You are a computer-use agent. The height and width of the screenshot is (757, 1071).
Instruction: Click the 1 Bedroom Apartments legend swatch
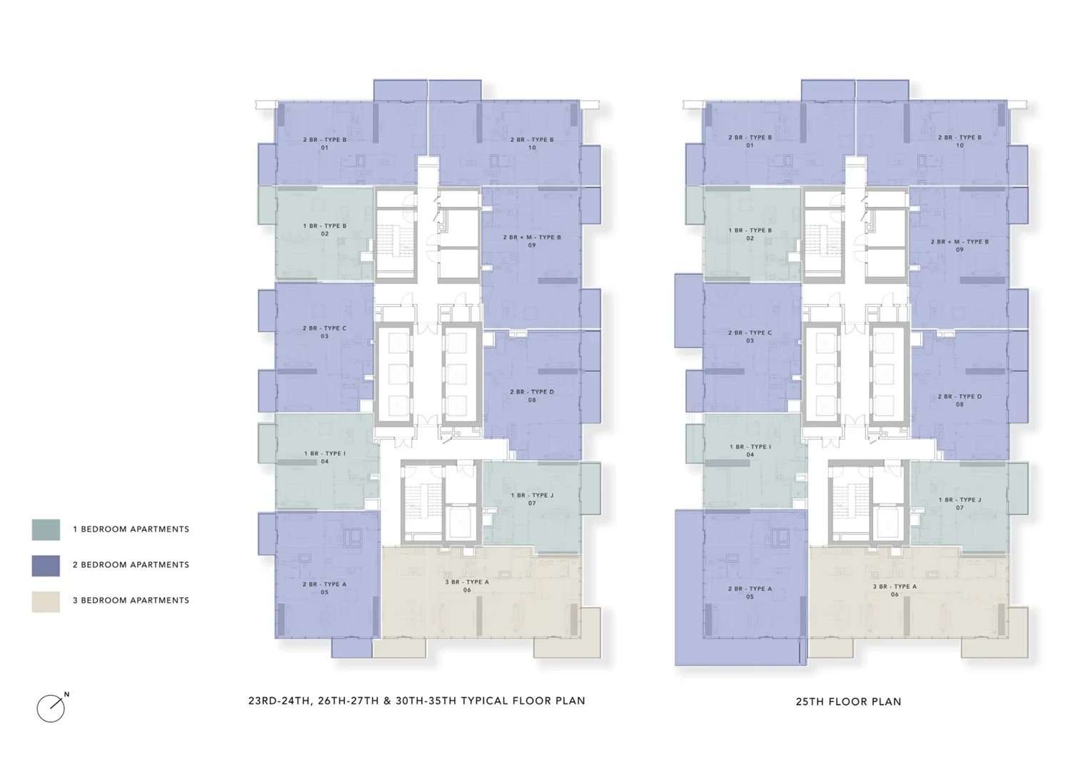46,529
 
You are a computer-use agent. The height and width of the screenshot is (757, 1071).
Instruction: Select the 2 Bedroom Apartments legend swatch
46,565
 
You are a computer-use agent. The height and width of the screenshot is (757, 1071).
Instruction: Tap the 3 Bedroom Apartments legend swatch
46,601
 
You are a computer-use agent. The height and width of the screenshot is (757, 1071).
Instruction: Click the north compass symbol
51,708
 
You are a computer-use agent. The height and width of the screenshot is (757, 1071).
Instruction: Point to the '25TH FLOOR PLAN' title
848,701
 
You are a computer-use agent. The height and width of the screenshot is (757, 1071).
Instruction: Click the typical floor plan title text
416,701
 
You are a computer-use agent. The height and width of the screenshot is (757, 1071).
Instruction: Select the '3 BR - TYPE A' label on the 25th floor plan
895,586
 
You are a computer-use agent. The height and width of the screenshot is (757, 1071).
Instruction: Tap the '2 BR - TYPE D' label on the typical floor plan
532,392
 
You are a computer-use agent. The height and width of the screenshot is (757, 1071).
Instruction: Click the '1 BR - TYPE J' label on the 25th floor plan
960,500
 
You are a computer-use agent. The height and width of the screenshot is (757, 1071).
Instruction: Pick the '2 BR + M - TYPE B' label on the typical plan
532,237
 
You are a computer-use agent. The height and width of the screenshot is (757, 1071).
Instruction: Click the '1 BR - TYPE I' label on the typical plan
325,454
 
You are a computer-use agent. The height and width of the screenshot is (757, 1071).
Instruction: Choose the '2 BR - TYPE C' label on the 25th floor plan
750,332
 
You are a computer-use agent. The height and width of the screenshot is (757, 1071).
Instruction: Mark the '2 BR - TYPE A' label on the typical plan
325,584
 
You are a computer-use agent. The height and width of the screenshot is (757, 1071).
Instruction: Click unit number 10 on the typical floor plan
532,148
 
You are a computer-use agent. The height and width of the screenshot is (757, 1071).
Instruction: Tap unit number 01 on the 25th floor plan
750,146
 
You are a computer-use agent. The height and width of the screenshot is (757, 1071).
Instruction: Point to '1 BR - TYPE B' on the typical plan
325,225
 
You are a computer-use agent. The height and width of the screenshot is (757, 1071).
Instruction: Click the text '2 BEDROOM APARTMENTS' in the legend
131,565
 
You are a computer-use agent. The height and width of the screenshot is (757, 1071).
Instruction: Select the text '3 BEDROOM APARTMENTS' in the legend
131,600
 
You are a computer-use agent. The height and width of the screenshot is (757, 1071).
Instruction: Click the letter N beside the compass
66,694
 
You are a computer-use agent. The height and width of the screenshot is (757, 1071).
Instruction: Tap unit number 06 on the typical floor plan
467,590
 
